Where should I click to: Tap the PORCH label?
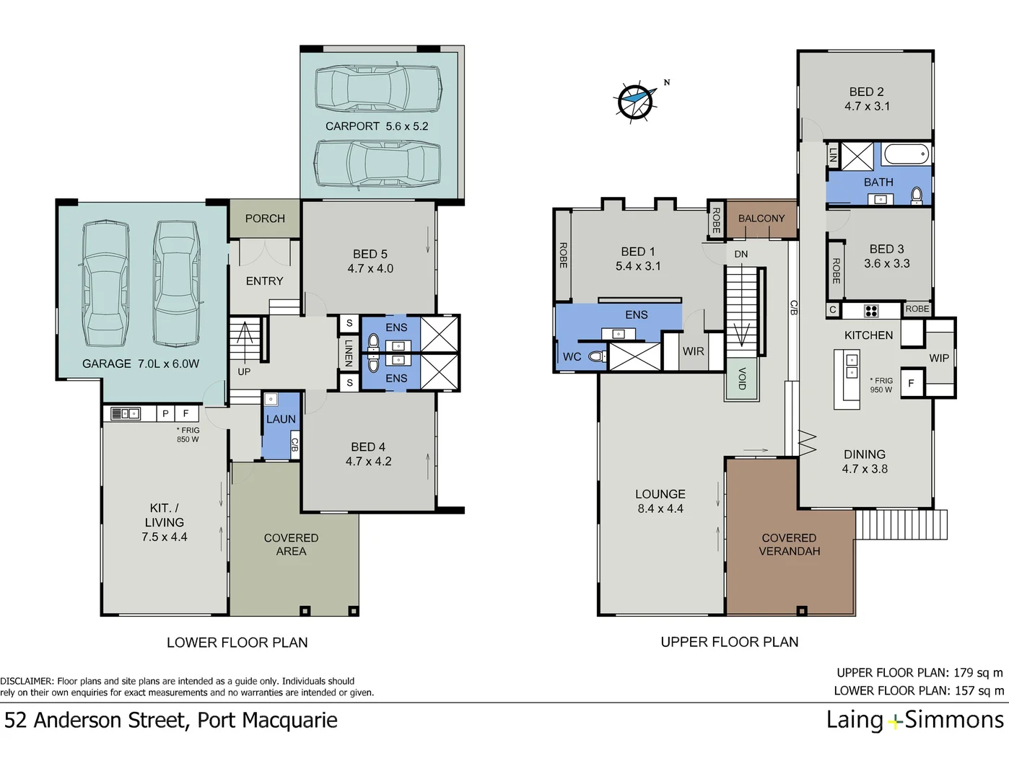pyautogui.click(x=265, y=219)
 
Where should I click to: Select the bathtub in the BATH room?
pyautogui.click(x=907, y=154)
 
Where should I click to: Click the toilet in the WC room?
pyautogui.click(x=597, y=356)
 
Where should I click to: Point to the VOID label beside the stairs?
pyautogui.click(x=742, y=378)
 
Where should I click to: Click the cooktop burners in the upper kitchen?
pyautogui.click(x=871, y=311)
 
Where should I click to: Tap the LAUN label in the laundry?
pyautogui.click(x=281, y=419)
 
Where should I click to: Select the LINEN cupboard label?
pyautogui.click(x=349, y=353)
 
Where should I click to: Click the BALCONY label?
pyautogui.click(x=761, y=219)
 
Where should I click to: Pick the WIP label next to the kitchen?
pyautogui.click(x=939, y=358)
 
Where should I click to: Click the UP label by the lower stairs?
pyautogui.click(x=244, y=371)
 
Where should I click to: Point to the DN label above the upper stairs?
pyautogui.click(x=741, y=254)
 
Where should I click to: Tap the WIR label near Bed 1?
pyautogui.click(x=693, y=352)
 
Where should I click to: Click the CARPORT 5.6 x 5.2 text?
pyautogui.click(x=377, y=126)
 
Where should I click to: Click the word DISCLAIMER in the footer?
pyautogui.click(x=27, y=681)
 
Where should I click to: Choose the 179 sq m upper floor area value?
pyautogui.click(x=979, y=673)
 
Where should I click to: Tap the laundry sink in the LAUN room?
pyautogui.click(x=271, y=399)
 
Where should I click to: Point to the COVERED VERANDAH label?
pyautogui.click(x=790, y=545)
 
